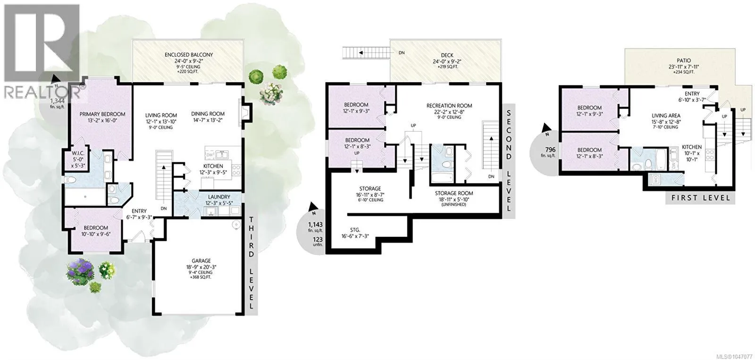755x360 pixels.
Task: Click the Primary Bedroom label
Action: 102,114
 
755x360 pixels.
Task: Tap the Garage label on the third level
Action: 201,260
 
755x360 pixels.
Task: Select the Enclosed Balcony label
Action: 189,55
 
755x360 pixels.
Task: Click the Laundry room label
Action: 219,197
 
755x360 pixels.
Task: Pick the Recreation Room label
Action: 449,106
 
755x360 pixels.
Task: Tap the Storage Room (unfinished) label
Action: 453,193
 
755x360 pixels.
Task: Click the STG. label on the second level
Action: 355,230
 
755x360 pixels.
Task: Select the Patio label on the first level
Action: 681,60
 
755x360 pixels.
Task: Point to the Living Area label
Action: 666,116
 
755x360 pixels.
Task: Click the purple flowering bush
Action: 80,271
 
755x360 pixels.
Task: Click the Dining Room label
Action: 208,114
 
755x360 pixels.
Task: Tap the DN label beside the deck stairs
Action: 402,52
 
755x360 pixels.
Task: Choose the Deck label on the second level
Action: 447,55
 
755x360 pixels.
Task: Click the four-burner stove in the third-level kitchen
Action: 236,169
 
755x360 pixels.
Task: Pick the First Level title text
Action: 701,198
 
